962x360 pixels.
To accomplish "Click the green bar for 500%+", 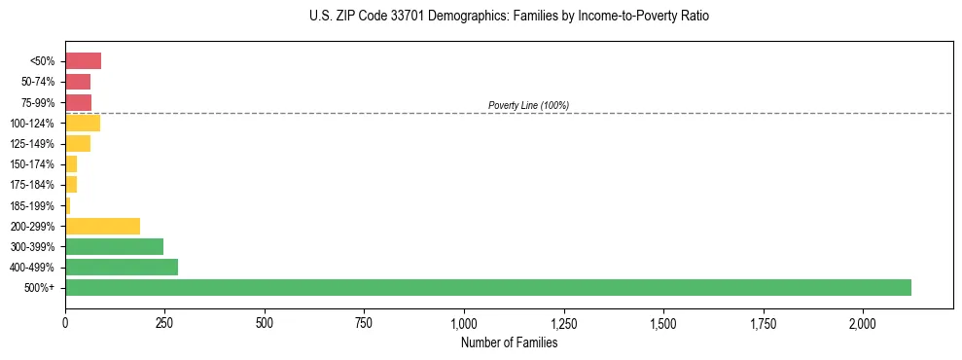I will click(x=487, y=287).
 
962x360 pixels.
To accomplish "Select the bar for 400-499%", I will click(x=122, y=267).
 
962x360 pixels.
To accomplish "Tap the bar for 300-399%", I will click(x=114, y=246).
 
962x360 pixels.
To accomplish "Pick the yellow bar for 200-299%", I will click(x=102, y=226).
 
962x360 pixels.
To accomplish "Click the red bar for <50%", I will click(x=83, y=61).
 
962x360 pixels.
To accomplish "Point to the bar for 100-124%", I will click(x=83, y=123).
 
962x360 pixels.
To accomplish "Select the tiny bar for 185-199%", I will click(x=68, y=205).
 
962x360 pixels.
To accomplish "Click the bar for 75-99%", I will click(x=78, y=102).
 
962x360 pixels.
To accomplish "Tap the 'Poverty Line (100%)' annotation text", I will click(x=528, y=105).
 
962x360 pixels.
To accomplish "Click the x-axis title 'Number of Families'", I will click(x=509, y=342).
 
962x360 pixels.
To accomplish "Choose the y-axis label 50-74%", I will click(x=38, y=82).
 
